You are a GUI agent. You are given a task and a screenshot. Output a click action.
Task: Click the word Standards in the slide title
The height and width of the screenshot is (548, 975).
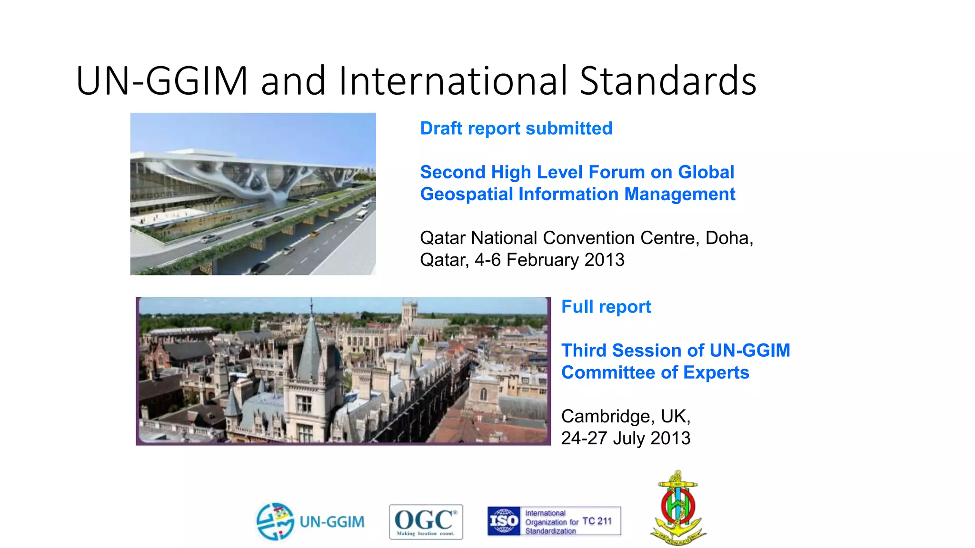tap(667, 81)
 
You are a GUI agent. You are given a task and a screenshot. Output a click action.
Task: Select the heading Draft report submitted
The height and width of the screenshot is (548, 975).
tap(516, 128)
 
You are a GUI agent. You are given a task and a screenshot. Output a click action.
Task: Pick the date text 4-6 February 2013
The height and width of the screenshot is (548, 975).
tap(549, 260)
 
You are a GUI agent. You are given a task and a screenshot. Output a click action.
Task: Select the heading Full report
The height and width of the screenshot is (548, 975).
tap(606, 307)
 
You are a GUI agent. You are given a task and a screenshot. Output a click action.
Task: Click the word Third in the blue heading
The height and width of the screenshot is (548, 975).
tap(584, 351)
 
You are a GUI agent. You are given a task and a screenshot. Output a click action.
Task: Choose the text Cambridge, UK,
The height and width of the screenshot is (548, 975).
tap(626, 416)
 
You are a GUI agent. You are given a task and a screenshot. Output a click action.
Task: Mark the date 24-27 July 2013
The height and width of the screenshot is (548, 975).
tap(626, 438)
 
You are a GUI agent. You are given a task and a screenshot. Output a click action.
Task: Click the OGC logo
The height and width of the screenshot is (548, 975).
tap(426, 522)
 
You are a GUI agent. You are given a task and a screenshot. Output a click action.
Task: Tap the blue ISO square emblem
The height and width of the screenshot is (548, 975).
tap(504, 521)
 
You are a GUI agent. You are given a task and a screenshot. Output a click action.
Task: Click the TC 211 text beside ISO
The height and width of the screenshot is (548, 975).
tap(597, 521)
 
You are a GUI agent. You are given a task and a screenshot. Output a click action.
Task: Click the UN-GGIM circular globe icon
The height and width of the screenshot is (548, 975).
tap(275, 521)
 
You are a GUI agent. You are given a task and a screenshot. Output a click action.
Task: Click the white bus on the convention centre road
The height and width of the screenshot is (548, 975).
tap(363, 213)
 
